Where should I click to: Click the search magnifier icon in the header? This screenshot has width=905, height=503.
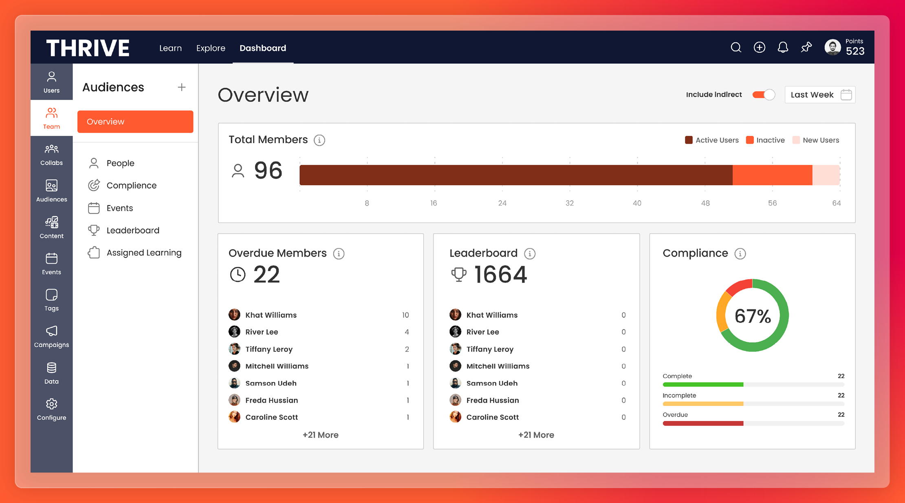click(735, 48)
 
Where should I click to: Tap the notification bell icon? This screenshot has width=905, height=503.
click(783, 48)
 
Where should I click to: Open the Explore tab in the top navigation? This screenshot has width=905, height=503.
click(211, 48)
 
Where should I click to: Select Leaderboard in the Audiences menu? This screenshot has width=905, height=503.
click(132, 230)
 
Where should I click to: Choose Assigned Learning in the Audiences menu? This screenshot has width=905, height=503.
click(143, 253)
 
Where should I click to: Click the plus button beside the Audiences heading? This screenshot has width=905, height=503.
click(182, 87)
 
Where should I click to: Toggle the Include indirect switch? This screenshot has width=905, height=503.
click(763, 95)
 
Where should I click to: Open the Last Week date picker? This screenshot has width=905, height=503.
click(820, 95)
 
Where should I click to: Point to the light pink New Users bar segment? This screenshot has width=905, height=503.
click(826, 175)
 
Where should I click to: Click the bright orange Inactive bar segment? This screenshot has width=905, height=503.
click(772, 175)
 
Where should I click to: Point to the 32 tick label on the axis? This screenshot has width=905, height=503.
click(570, 203)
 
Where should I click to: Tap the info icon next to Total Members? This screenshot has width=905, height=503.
click(319, 140)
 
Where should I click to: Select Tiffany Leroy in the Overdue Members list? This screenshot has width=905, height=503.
click(269, 349)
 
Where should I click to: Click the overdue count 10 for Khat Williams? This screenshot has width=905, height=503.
click(405, 315)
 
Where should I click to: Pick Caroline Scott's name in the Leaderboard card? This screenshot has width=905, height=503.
click(492, 417)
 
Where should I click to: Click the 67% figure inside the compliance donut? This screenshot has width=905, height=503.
click(753, 316)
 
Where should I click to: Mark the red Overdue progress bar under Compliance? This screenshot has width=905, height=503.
click(703, 423)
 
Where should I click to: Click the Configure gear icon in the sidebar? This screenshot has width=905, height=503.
click(51, 404)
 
